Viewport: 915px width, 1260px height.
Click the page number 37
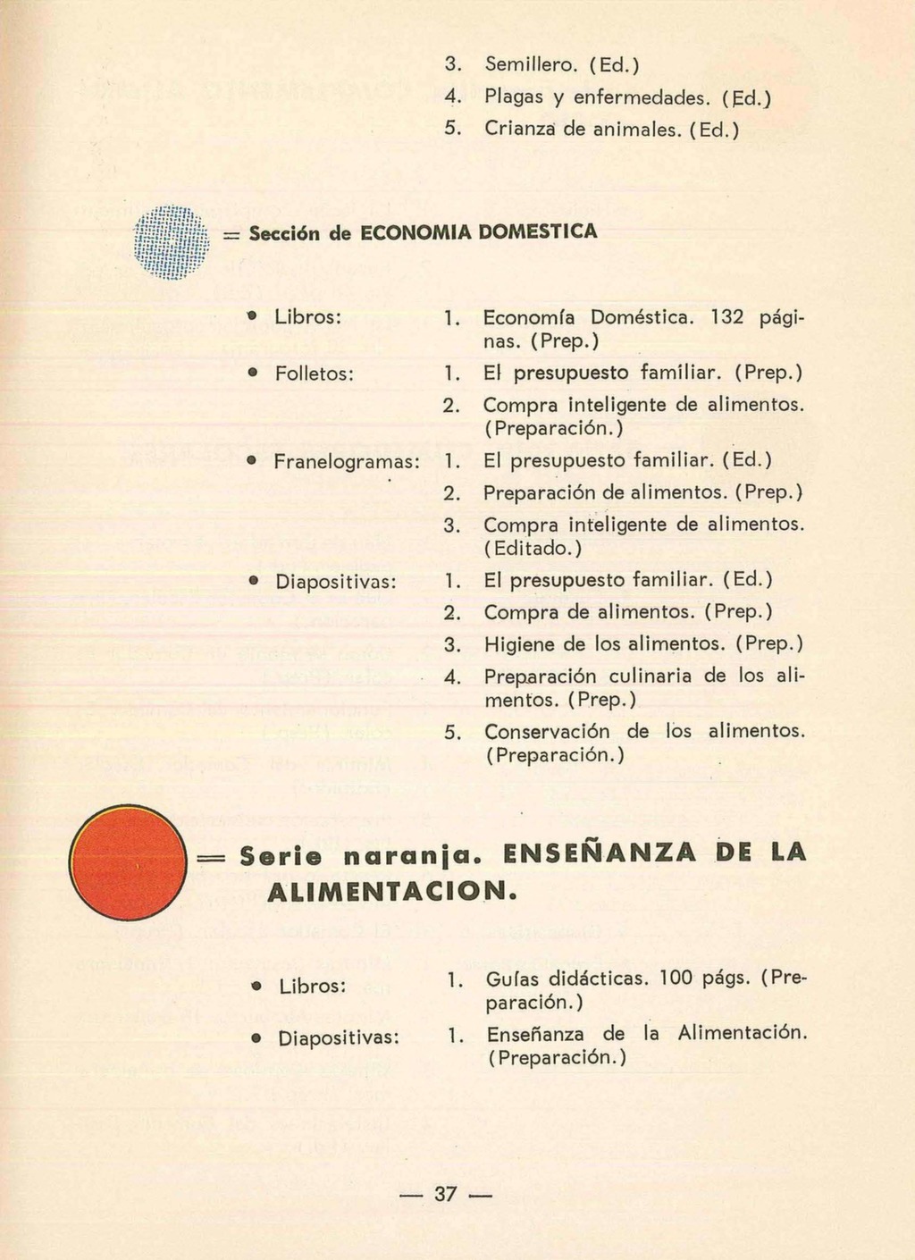pos(445,1194)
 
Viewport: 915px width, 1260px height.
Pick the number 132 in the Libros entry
pos(729,316)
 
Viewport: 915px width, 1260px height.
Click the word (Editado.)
pos(533,547)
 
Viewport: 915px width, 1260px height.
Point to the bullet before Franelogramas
pos(253,461)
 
